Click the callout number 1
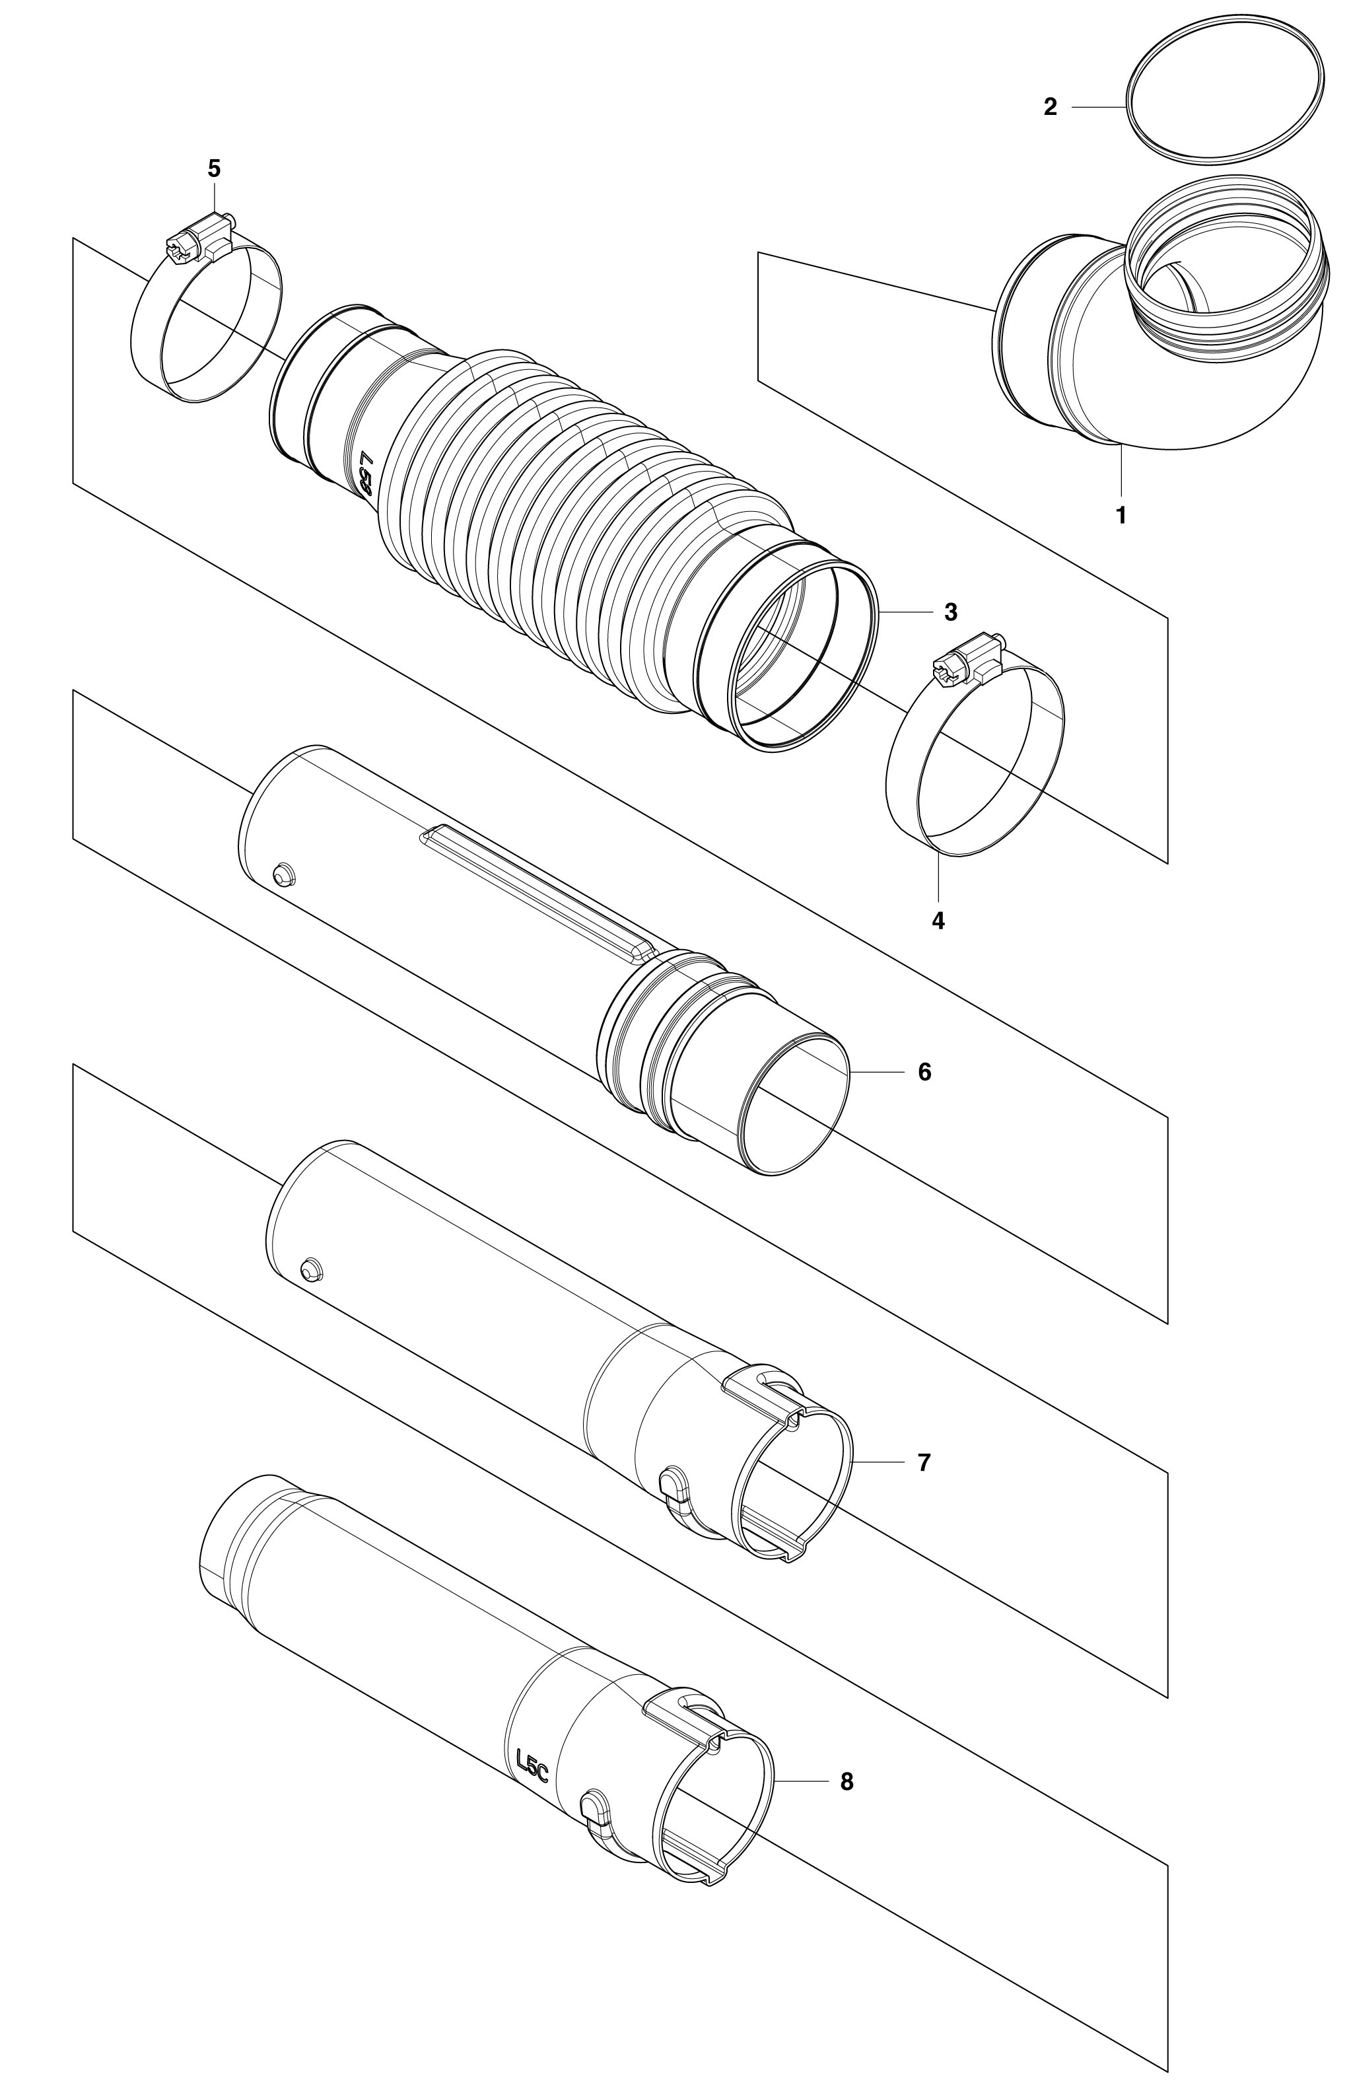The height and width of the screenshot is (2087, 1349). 1121,515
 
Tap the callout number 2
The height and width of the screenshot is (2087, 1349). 1051,107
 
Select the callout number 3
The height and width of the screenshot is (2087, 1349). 950,612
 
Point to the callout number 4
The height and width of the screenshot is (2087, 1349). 938,921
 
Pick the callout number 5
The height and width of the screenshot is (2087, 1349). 214,168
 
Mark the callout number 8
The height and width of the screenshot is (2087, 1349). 847,1781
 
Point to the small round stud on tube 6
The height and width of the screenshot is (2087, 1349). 283,874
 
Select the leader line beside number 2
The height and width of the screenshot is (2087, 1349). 1099,107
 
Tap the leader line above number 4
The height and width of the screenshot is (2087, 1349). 938,877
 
